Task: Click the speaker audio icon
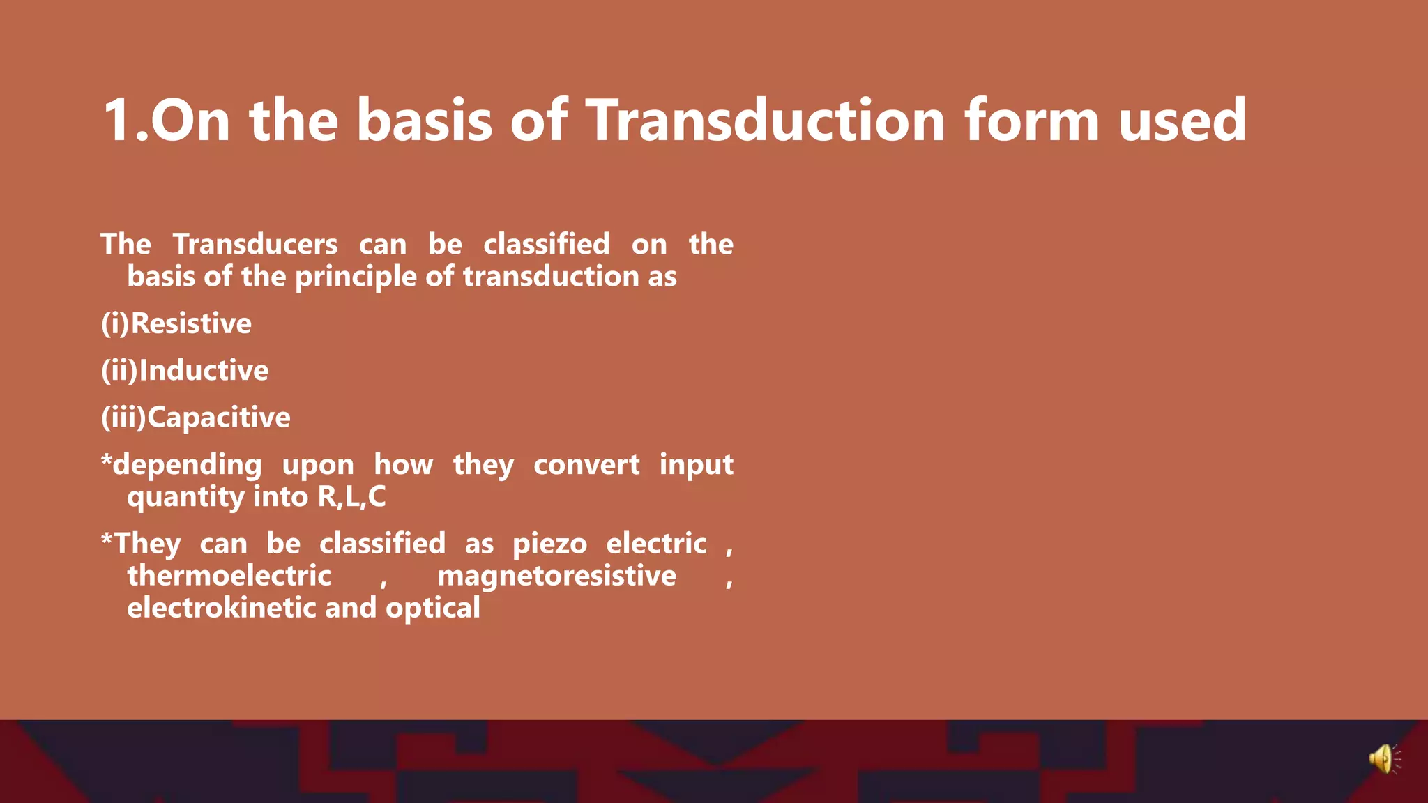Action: click(1384, 759)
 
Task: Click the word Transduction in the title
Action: click(765, 121)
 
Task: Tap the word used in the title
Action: click(1183, 121)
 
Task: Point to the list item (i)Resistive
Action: click(176, 323)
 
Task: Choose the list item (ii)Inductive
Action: click(185, 370)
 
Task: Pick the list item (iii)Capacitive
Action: click(196, 417)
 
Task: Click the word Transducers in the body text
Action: click(255, 244)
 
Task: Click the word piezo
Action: click(550, 544)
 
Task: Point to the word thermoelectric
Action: click(229, 576)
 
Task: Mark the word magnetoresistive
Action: click(556, 576)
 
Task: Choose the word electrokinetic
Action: click(222, 608)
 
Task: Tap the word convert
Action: click(586, 465)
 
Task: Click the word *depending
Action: click(181, 465)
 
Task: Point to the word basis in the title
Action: click(424, 121)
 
